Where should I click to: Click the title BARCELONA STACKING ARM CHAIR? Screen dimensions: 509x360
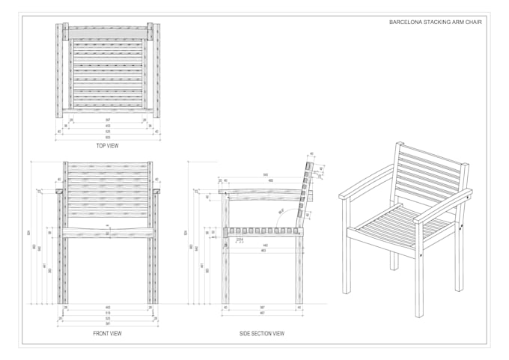(436, 22)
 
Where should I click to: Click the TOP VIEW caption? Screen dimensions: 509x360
(107, 145)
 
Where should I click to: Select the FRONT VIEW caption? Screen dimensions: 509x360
(107, 333)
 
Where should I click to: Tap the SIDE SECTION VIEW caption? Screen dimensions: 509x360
(261, 333)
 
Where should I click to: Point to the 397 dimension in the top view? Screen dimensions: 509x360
(108, 120)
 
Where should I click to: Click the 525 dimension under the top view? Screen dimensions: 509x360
(108, 132)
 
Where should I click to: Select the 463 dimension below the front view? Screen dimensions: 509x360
(108, 308)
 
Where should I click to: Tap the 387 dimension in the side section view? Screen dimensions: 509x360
(263, 308)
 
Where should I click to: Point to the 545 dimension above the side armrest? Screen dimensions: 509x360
(266, 175)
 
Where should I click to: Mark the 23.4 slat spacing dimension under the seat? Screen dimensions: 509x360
(240, 241)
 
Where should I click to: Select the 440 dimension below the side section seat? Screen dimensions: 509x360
(264, 245)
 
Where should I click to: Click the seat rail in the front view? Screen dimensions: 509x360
(108, 234)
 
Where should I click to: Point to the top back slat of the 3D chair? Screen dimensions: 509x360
(433, 153)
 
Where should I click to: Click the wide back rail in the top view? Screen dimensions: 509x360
(108, 32)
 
